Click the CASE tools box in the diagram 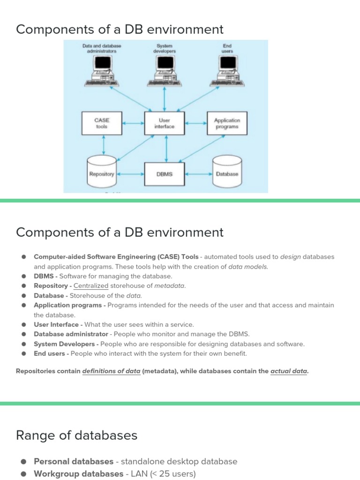click(101, 123)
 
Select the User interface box click(164, 123)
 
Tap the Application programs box click(227, 123)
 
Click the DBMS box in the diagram click(164, 174)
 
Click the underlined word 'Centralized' click(91, 286)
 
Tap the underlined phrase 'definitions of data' click(111, 371)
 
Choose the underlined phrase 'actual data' click(289, 371)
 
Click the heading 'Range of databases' click(76, 435)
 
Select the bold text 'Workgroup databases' click(78, 474)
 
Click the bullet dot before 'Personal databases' click(23, 462)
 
